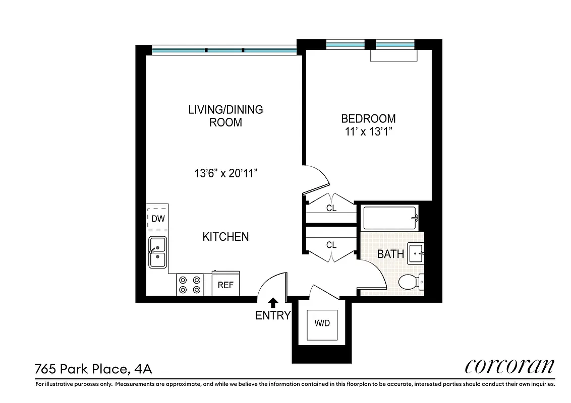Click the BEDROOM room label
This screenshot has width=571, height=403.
pyautogui.click(x=368, y=119)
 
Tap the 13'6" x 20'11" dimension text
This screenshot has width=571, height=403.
pyautogui.click(x=226, y=174)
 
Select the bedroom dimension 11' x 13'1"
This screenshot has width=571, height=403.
pyautogui.click(x=368, y=132)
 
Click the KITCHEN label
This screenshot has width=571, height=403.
pyautogui.click(x=225, y=236)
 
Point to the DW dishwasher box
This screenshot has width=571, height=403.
pyautogui.click(x=157, y=219)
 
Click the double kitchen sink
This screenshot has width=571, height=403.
pyautogui.click(x=158, y=252)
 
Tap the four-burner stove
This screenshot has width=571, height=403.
pyautogui.click(x=190, y=285)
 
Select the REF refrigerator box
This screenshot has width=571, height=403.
pyautogui.click(x=225, y=285)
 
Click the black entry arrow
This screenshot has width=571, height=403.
pyautogui.click(x=273, y=302)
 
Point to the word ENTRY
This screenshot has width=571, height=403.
pyautogui.click(x=273, y=316)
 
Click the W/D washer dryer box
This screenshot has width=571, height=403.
pyautogui.click(x=322, y=323)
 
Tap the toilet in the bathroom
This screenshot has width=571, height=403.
pyautogui.click(x=410, y=282)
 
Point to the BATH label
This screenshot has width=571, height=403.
pyautogui.click(x=390, y=253)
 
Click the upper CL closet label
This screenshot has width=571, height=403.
pyautogui.click(x=331, y=208)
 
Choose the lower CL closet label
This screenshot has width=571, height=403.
pyautogui.click(x=331, y=245)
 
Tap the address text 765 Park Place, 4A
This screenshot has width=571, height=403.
pyautogui.click(x=93, y=369)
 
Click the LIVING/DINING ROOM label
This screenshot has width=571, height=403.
pyautogui.click(x=225, y=115)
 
